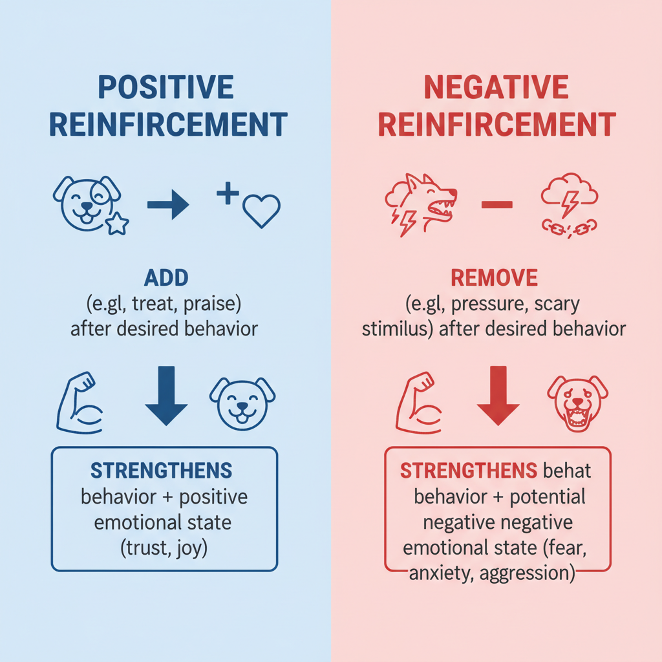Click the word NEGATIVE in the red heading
496,87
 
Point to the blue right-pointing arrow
168,206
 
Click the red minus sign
496,205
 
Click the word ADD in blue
166,279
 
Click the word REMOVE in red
494,279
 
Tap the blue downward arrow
166,395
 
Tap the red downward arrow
498,395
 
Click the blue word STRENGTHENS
161,470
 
